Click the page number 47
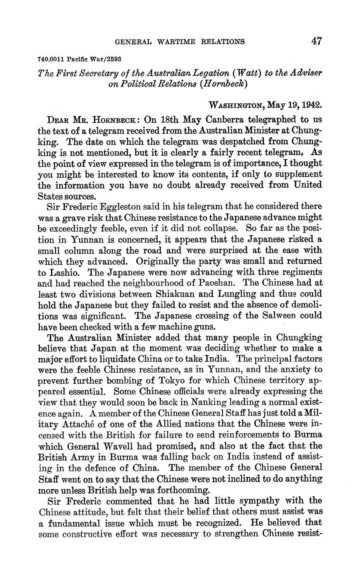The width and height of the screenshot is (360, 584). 316,41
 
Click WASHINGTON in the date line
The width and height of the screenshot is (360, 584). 236,105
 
